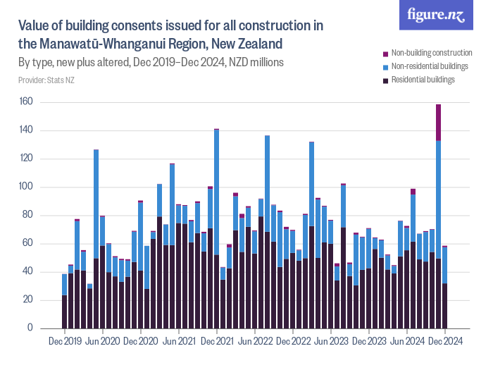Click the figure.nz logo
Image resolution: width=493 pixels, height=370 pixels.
click(x=437, y=16)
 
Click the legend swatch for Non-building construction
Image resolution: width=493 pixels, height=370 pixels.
click(x=385, y=53)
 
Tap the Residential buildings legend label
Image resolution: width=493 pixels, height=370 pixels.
click(x=423, y=80)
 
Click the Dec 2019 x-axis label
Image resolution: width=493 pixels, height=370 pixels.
click(x=65, y=342)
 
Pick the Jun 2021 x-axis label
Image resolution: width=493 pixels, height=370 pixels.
click(x=179, y=342)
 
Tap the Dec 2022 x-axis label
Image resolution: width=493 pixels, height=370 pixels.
click(x=293, y=342)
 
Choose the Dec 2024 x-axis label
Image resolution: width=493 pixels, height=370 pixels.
click(x=444, y=342)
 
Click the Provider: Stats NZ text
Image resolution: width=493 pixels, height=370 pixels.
click(x=46, y=80)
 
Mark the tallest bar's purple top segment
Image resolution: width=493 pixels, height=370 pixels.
click(x=438, y=122)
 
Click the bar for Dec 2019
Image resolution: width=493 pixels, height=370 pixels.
click(x=65, y=310)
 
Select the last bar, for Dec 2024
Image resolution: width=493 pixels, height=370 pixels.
click(x=444, y=296)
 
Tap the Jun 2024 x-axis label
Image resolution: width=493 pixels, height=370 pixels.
click(x=406, y=342)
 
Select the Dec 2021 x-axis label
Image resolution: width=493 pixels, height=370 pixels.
click(x=217, y=342)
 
